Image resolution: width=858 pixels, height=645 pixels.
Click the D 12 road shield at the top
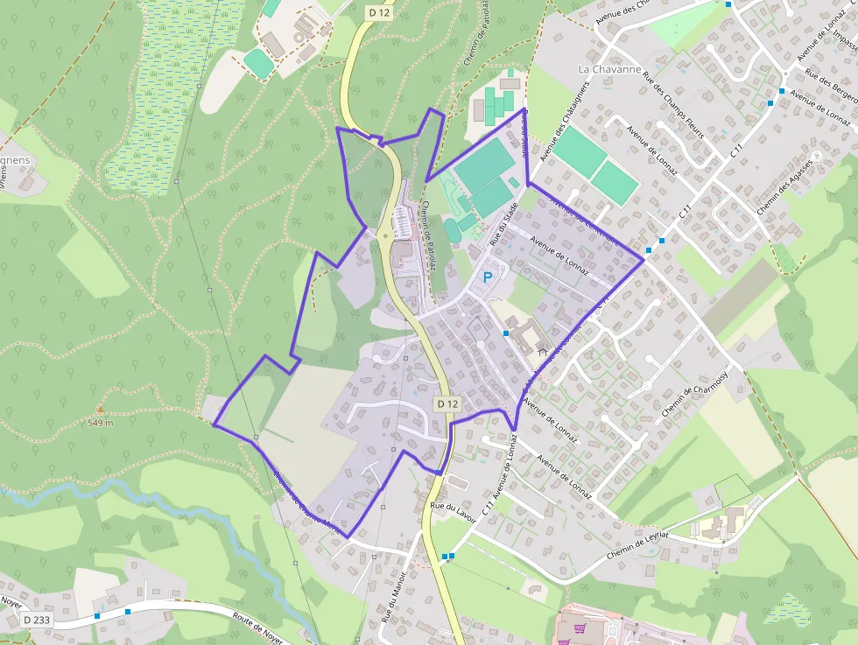point(378,12)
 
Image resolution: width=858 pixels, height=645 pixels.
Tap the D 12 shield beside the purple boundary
point(447,403)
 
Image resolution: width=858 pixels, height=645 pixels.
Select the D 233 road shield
point(36,620)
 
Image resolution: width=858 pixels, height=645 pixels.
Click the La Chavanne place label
point(610,69)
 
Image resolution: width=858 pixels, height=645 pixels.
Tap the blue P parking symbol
point(488,277)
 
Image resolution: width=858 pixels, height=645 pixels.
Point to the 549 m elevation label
point(101,423)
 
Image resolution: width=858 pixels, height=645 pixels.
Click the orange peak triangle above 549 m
point(100,409)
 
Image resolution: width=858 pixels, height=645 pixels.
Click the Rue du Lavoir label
point(453,512)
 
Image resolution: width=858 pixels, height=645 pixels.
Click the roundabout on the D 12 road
point(386,235)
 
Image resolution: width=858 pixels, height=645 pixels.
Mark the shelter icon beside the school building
point(543,352)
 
